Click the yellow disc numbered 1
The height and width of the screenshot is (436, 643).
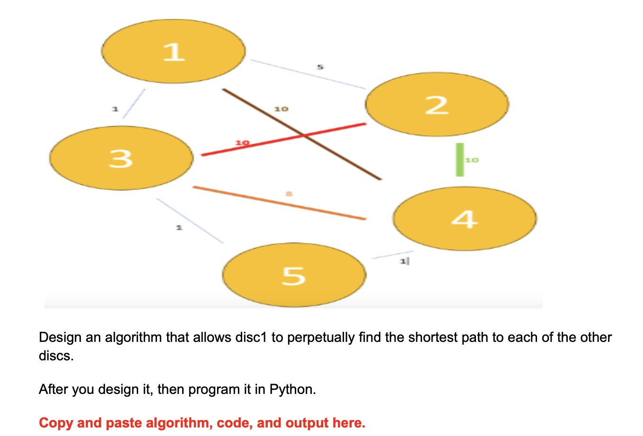[173, 51]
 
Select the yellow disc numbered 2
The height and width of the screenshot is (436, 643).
[437, 105]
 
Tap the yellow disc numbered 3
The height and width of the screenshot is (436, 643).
[121, 158]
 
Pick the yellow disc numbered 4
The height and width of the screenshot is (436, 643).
[465, 218]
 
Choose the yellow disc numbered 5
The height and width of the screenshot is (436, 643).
[294, 275]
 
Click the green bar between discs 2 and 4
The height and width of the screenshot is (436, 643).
[459, 160]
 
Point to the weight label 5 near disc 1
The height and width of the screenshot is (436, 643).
[320, 67]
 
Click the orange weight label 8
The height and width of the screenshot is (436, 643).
[289, 193]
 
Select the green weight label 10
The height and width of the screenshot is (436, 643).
[472, 160]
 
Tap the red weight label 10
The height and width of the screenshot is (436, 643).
[242, 142]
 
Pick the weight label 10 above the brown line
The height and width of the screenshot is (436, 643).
[281, 109]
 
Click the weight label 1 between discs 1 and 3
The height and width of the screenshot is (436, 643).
[114, 109]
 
